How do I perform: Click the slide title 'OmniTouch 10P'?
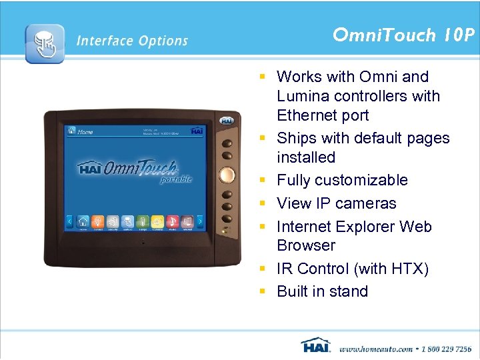point(404,35)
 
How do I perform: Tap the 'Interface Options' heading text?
point(132,41)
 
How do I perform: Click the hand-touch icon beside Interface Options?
point(45,43)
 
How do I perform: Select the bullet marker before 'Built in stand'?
point(263,292)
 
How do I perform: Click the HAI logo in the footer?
point(316,346)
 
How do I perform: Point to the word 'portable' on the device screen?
point(176,179)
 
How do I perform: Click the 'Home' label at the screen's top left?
point(85,132)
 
